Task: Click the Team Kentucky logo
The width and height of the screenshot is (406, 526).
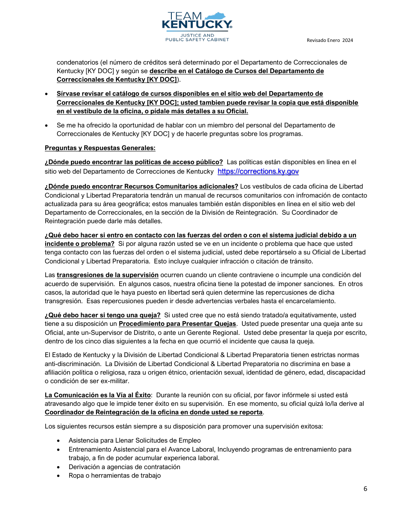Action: (197, 27)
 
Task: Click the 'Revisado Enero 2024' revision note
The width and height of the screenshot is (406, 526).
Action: (330, 41)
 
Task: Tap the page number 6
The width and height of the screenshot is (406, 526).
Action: (365, 489)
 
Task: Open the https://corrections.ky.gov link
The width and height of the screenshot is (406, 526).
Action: (258, 171)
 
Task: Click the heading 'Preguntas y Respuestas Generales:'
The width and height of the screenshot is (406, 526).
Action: (100, 148)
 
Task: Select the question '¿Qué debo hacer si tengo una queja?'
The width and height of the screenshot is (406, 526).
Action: (103, 315)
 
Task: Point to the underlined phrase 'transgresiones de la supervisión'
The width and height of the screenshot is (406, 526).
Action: (107, 275)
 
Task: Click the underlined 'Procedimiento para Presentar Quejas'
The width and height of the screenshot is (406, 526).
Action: (177, 324)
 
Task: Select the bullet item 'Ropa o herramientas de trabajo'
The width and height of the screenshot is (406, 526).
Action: (115, 476)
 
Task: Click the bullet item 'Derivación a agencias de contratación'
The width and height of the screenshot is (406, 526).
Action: (124, 467)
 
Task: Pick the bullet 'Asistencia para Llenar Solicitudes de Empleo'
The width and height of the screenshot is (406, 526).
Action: (135, 440)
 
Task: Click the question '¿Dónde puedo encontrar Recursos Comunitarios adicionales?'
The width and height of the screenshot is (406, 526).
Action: (141, 186)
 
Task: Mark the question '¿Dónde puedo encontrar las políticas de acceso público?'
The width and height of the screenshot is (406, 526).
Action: (134, 162)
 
